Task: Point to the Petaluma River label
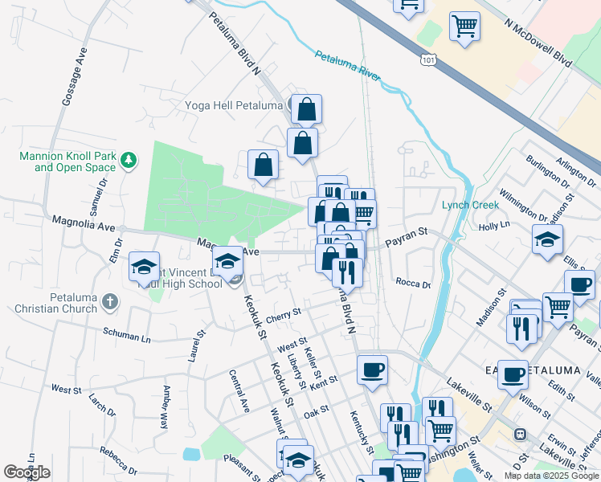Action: [x=347, y=67]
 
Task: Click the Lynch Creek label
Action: [x=470, y=205]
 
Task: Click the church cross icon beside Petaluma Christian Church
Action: [x=110, y=303]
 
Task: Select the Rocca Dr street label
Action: [x=413, y=282]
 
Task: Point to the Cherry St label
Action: [x=283, y=312]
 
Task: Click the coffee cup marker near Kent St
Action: [x=372, y=370]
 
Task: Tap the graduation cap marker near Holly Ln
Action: [x=547, y=239]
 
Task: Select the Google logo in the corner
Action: [x=27, y=472]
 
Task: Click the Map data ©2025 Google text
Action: [x=551, y=476]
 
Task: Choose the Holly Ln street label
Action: [x=494, y=227]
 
